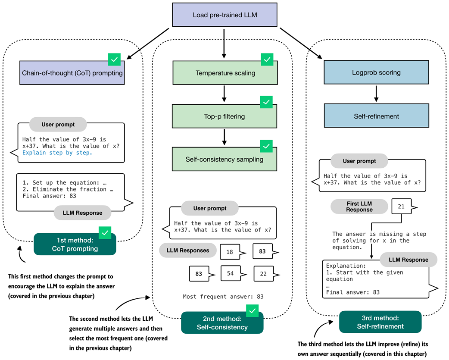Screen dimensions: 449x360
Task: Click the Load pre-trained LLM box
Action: point(224,15)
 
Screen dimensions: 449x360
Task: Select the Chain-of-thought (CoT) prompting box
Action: point(72,73)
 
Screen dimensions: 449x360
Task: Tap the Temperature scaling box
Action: point(225,73)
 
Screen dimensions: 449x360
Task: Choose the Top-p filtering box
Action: point(224,116)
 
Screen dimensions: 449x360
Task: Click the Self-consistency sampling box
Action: point(224,159)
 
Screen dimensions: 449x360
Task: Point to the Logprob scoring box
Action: point(376,72)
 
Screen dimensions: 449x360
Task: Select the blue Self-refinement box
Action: point(376,116)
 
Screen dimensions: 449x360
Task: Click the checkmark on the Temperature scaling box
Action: point(267,59)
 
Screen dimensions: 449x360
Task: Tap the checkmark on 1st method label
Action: point(105,233)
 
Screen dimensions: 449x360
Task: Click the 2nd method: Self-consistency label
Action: point(222,323)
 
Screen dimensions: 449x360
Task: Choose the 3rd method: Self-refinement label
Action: point(380,322)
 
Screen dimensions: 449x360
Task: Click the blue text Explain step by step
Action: point(57,153)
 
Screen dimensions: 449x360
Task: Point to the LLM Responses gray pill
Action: point(188,250)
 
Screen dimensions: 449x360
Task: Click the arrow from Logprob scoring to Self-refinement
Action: point(376,94)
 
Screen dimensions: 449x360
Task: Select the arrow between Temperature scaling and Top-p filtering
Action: point(224,94)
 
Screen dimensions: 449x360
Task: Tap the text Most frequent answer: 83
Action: point(223,297)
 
